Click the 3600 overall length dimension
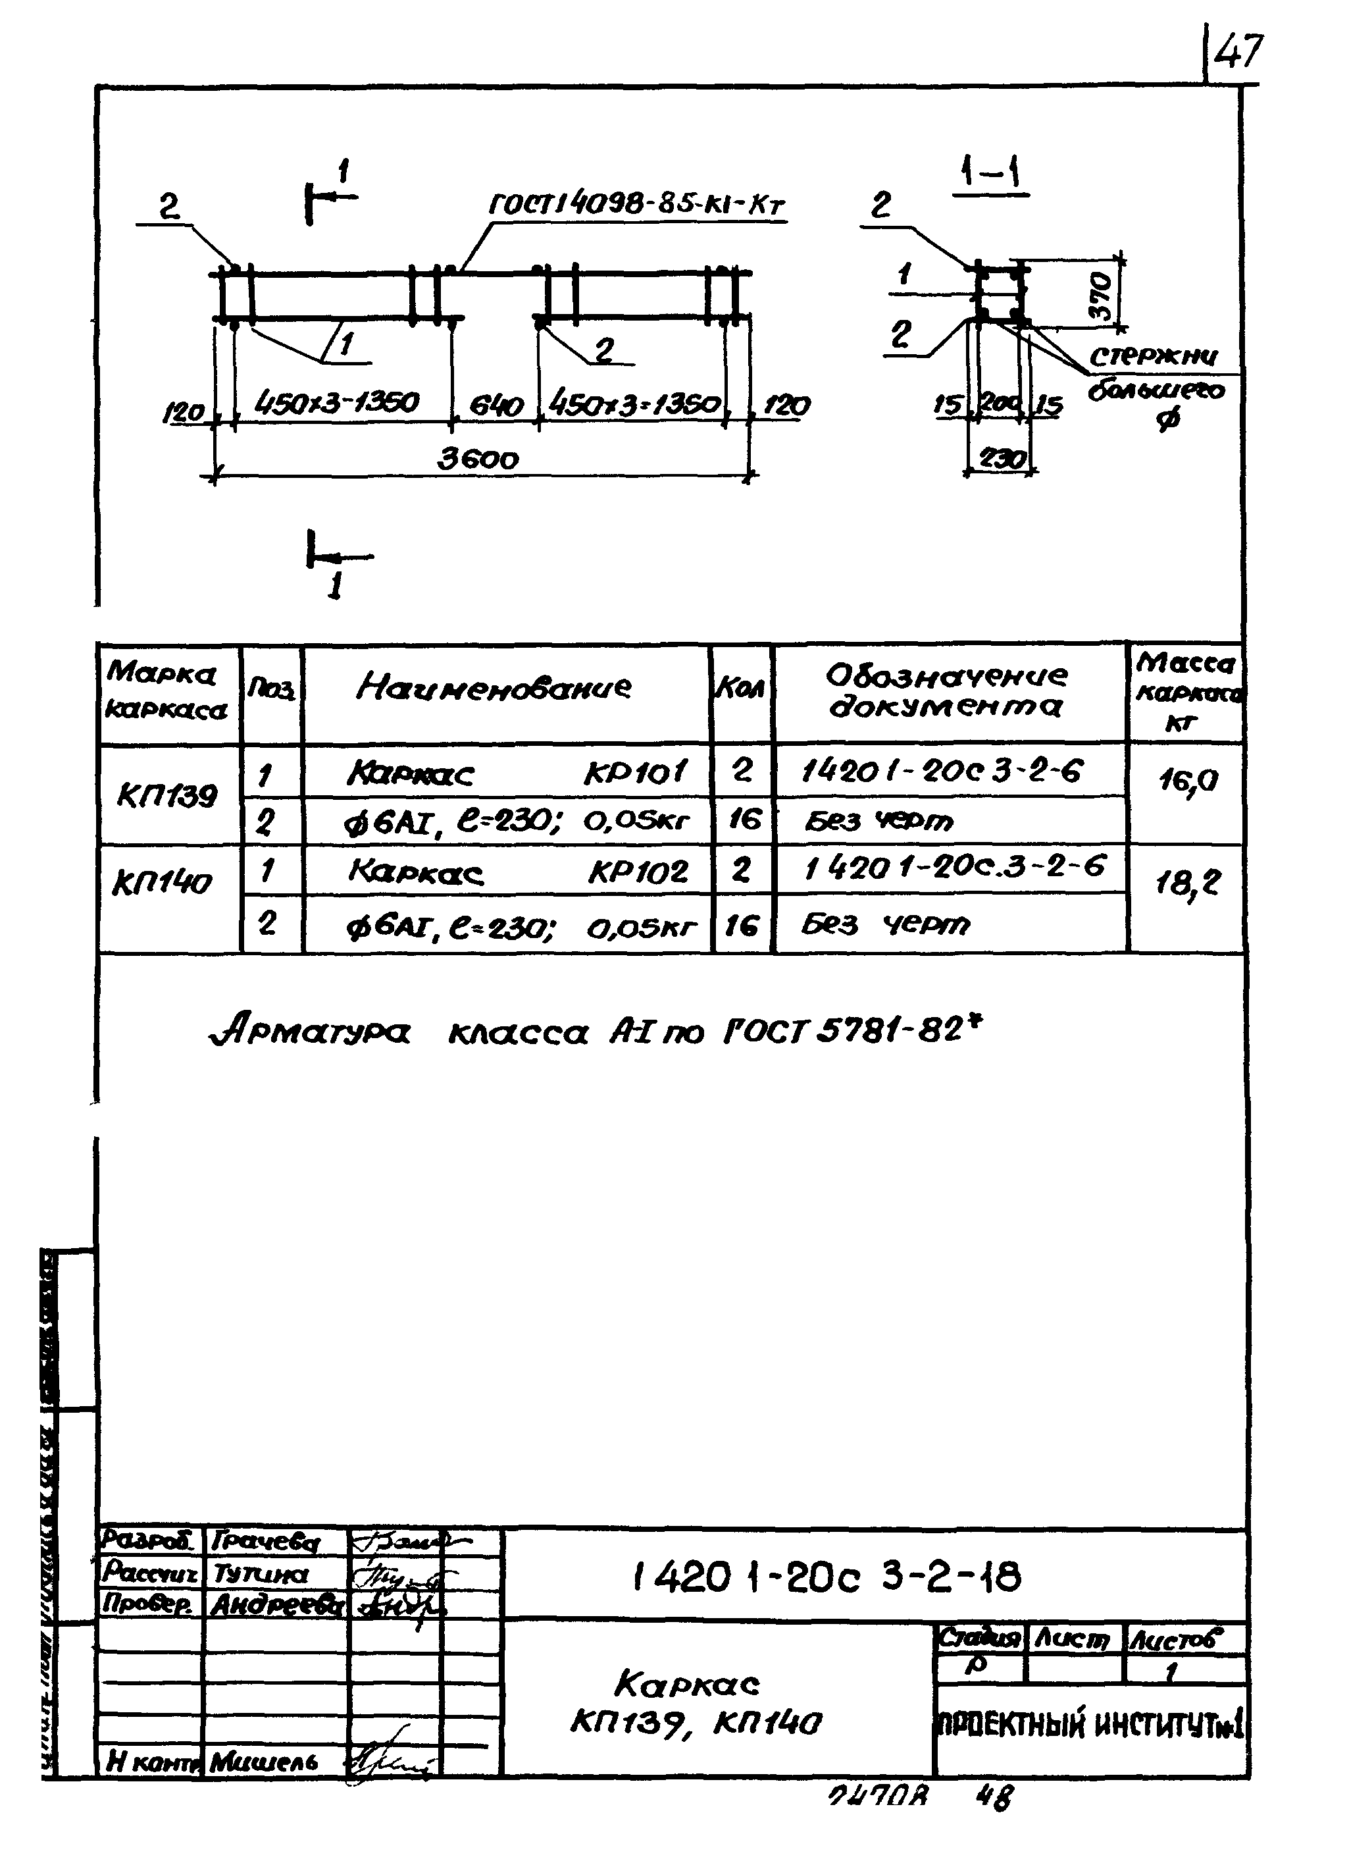(478, 458)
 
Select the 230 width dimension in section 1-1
(1001, 458)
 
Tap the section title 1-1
(991, 174)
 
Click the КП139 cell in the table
(168, 795)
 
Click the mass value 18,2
(1188, 883)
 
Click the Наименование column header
(494, 687)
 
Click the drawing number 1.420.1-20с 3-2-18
(826, 1577)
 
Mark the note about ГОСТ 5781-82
(596, 1032)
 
